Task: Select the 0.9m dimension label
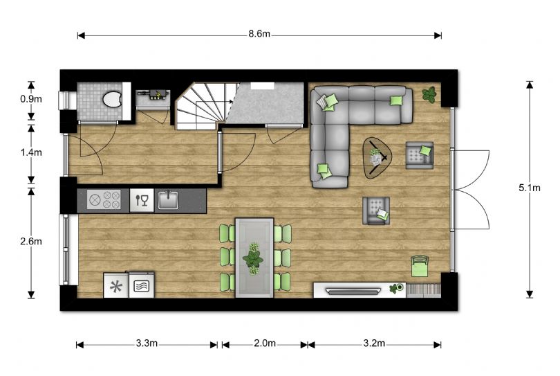pyautogui.click(x=32, y=100)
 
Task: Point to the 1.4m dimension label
pyautogui.click(x=32, y=150)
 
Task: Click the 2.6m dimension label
pyautogui.click(x=32, y=241)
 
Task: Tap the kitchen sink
pyautogui.click(x=168, y=201)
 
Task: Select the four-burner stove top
pyautogui.click(x=104, y=201)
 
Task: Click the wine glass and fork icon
pyautogui.click(x=142, y=201)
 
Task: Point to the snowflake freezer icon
pyautogui.click(x=115, y=285)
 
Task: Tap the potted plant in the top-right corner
pyautogui.click(x=430, y=94)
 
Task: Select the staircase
pyautogui.click(x=200, y=105)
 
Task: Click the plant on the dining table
pyautogui.click(x=254, y=257)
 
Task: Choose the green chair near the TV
pyautogui.click(x=420, y=263)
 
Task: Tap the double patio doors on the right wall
pyautogui.click(x=472, y=190)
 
